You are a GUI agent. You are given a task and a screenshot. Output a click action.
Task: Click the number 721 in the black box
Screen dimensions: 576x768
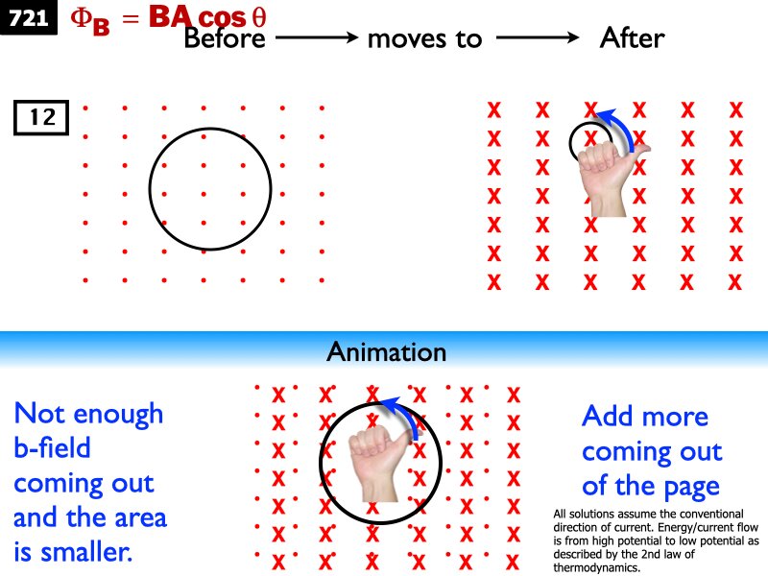click(x=29, y=17)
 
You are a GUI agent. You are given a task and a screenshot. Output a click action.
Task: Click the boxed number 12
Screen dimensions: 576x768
click(x=41, y=118)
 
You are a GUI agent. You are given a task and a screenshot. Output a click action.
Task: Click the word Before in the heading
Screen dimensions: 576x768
click(x=227, y=38)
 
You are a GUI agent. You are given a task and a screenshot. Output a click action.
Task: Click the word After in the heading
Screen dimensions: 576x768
click(x=631, y=38)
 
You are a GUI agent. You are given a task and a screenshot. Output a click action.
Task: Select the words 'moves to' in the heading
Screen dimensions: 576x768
click(x=424, y=39)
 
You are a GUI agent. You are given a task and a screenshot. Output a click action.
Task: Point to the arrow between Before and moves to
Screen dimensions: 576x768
click(x=317, y=38)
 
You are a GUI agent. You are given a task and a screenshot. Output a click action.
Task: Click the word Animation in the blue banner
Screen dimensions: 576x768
click(x=386, y=351)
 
